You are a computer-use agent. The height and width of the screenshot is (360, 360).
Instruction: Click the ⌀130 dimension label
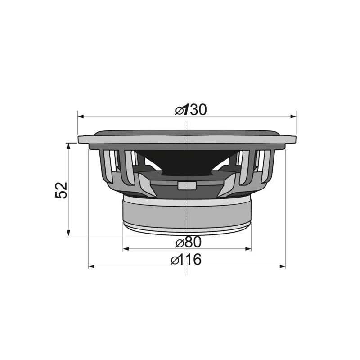[x=191, y=110]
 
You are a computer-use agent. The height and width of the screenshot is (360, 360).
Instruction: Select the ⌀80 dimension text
[x=189, y=242]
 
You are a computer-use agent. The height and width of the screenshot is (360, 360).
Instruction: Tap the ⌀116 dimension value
[x=187, y=260]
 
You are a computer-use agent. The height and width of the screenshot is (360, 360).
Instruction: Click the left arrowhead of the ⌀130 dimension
[x=81, y=117]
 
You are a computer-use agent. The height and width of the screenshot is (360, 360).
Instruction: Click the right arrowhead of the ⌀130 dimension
[x=293, y=117]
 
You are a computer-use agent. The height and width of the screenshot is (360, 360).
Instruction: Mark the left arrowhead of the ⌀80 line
[x=126, y=248]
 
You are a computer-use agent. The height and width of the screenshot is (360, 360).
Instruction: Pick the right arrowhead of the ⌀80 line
[x=248, y=248]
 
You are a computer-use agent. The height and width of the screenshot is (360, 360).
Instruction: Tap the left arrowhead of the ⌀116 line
[x=91, y=266]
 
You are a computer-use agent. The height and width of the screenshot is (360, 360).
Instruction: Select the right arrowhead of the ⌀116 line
[x=282, y=266]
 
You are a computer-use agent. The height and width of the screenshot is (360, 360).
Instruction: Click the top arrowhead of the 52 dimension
[x=68, y=146]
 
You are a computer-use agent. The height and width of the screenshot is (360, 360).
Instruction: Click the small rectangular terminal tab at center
[x=187, y=185]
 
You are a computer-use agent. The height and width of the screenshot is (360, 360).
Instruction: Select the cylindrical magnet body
[x=187, y=214]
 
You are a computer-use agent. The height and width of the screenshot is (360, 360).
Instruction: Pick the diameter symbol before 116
[x=175, y=260]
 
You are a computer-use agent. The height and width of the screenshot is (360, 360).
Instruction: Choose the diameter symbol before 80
[x=180, y=243]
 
